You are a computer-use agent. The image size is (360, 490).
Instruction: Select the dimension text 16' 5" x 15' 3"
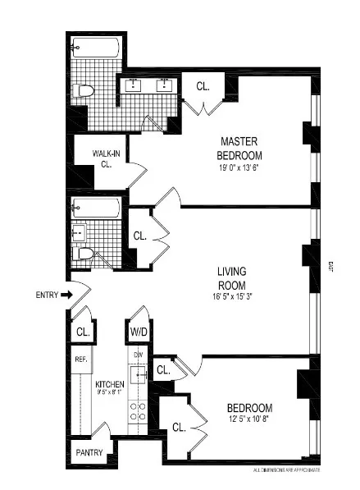(232, 296)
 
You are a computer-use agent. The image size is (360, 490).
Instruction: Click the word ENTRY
(47, 295)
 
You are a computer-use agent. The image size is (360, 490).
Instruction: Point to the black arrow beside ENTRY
(67, 295)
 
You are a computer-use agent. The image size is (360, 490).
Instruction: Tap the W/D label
(138, 332)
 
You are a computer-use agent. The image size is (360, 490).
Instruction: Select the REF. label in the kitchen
(81, 359)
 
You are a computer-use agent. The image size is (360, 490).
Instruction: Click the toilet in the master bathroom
(83, 90)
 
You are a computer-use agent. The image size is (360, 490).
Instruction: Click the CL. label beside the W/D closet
(82, 332)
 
